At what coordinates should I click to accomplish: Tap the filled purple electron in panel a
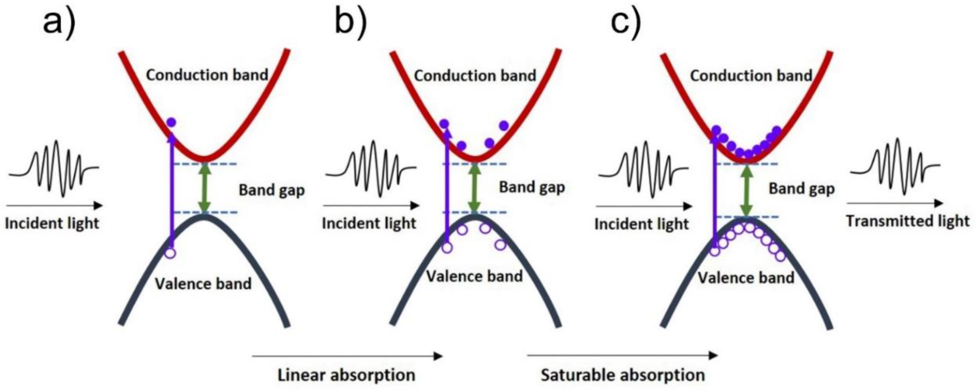point(171,122)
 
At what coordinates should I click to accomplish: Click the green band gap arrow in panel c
point(746,190)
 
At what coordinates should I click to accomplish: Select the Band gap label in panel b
point(532,187)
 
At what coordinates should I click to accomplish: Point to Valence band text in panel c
point(746,278)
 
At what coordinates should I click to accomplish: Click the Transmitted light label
point(908,221)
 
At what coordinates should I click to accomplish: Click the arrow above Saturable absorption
point(622,356)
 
